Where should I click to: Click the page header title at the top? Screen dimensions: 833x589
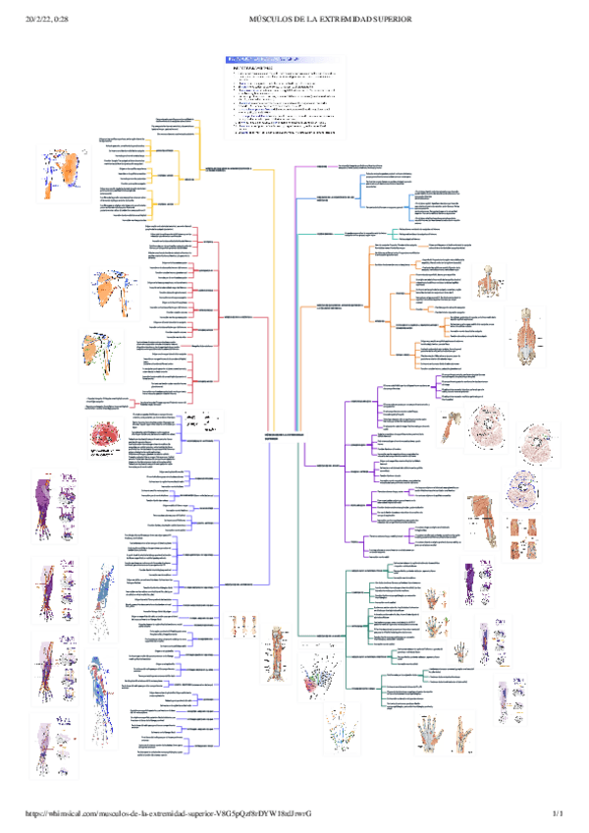point(329,19)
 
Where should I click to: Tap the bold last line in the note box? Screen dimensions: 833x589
point(285,133)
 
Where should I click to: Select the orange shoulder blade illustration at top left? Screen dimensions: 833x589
point(66,169)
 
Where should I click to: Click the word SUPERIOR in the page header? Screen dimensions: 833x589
point(388,19)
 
